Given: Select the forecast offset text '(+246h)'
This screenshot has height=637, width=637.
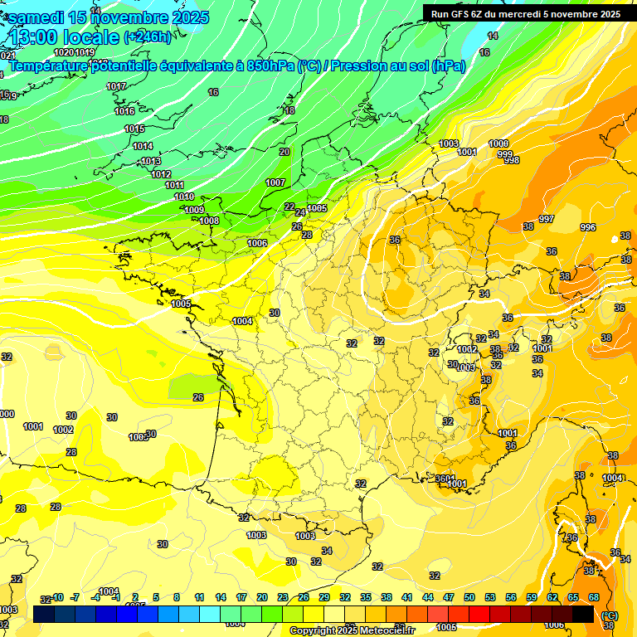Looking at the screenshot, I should (x=148, y=36).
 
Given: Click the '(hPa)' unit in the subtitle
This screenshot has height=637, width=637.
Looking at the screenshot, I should (x=449, y=66).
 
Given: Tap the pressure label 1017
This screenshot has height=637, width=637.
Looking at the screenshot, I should (x=116, y=87).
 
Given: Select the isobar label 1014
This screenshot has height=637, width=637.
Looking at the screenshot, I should (x=143, y=146).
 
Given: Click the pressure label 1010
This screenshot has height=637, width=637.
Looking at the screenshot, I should (x=184, y=197).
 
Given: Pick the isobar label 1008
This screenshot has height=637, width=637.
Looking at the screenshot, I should (x=209, y=221).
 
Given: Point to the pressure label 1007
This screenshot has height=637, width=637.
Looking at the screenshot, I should (x=275, y=182).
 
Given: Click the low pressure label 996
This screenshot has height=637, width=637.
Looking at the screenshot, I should (x=588, y=227).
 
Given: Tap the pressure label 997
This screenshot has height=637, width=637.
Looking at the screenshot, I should (x=546, y=219).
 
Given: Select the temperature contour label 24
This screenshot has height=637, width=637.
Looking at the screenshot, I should (x=300, y=213).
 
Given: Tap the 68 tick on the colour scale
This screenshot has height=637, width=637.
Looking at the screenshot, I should (x=594, y=597).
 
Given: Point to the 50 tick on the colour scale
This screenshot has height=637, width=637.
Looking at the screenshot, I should (x=469, y=597).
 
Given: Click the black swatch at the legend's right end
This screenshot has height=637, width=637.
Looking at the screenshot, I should (x=583, y=614).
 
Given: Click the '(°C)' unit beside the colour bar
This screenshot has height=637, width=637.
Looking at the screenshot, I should (x=609, y=615).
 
